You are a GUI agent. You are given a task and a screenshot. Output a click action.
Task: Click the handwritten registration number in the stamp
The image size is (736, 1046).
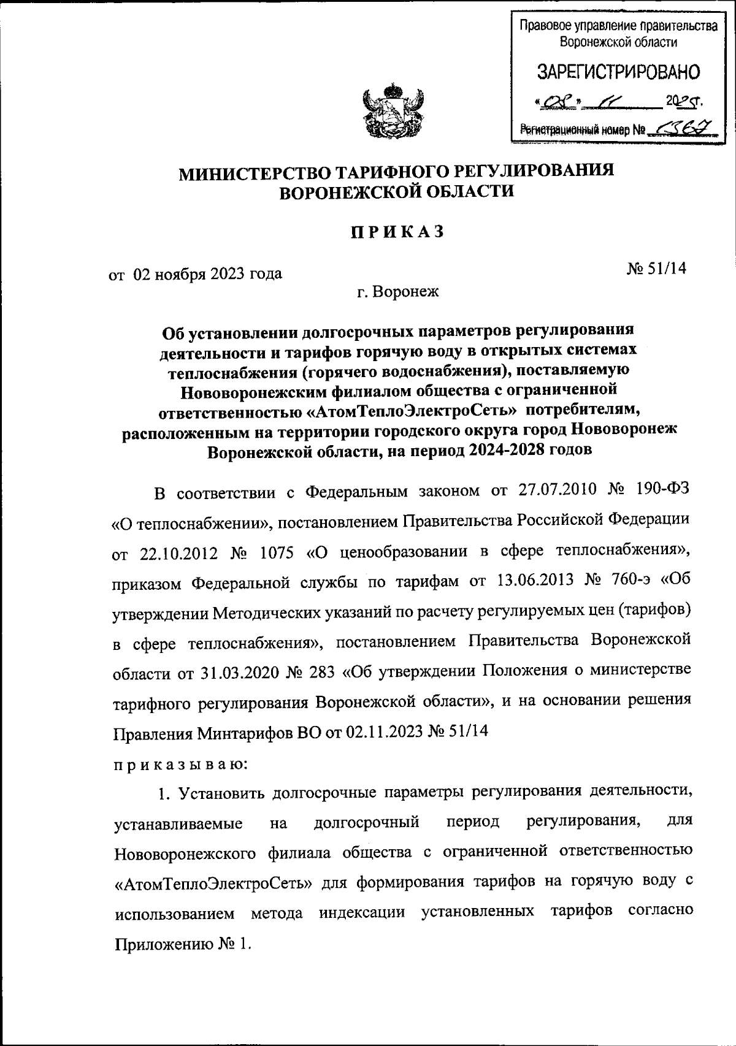pyautogui.click(x=678, y=128)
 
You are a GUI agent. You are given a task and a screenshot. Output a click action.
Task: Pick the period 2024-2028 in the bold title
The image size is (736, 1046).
pyautogui.click(x=508, y=450)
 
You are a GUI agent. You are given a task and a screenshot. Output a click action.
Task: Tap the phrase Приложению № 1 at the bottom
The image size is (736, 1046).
pyautogui.click(x=183, y=944)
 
